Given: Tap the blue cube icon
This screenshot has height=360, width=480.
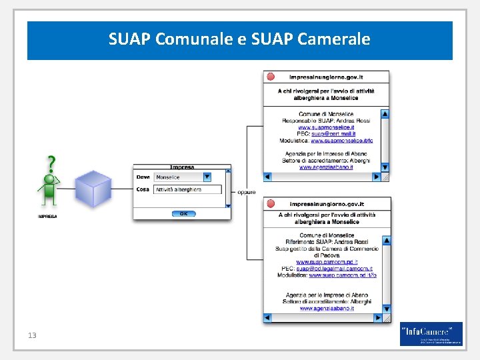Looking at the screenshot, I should pos(93,188).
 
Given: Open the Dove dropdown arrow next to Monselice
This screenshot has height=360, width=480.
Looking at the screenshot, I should pos(207,177).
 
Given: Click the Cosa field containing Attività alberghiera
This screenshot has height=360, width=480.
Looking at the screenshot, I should pos(187,190).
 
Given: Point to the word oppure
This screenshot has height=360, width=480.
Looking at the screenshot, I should pos(246,193).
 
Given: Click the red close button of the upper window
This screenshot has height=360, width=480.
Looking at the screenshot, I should pos(271,77).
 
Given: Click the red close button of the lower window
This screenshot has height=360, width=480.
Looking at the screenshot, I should pos(271,203).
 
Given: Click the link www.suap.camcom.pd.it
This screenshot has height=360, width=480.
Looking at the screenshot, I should pos(327,262).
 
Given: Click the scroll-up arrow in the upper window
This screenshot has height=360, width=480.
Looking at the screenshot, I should pos(385,114).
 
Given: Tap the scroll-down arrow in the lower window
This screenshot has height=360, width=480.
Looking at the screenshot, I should pos(386,309).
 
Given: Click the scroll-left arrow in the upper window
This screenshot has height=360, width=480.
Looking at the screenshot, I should pos(268,177).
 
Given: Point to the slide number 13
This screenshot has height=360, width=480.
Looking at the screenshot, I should pos(32,335).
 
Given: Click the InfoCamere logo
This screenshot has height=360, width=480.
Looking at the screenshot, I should pos(431,334).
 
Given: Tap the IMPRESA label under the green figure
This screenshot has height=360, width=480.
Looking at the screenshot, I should pos(47,217).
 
